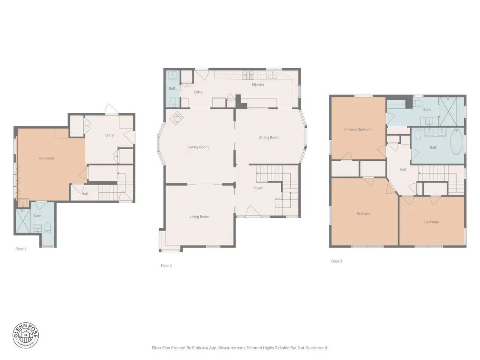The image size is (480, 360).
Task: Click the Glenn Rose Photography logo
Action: (x=25, y=335)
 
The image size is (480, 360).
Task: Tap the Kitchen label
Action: (x=258, y=84)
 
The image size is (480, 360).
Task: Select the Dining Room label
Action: (x=269, y=138)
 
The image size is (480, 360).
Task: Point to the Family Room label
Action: (x=198, y=147)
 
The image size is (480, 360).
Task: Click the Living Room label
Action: (x=199, y=217)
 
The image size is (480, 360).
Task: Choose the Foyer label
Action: (x=258, y=188)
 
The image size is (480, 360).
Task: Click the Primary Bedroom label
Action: (x=358, y=129)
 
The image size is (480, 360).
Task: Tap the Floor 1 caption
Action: (x=21, y=249)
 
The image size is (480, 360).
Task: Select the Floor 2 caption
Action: (x=166, y=265)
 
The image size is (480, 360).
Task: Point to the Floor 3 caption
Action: (x=336, y=261)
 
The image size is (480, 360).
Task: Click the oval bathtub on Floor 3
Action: (x=456, y=142)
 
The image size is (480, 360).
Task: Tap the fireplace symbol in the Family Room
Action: (x=176, y=118)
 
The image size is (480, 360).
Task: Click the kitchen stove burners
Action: (x=248, y=75)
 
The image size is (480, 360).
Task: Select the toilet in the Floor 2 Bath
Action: (x=173, y=102)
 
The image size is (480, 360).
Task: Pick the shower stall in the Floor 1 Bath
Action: (x=23, y=221)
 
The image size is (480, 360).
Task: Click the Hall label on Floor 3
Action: (x=403, y=169)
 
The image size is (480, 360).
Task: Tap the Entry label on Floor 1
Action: (x=109, y=135)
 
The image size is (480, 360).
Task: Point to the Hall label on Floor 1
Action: (x=85, y=193)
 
